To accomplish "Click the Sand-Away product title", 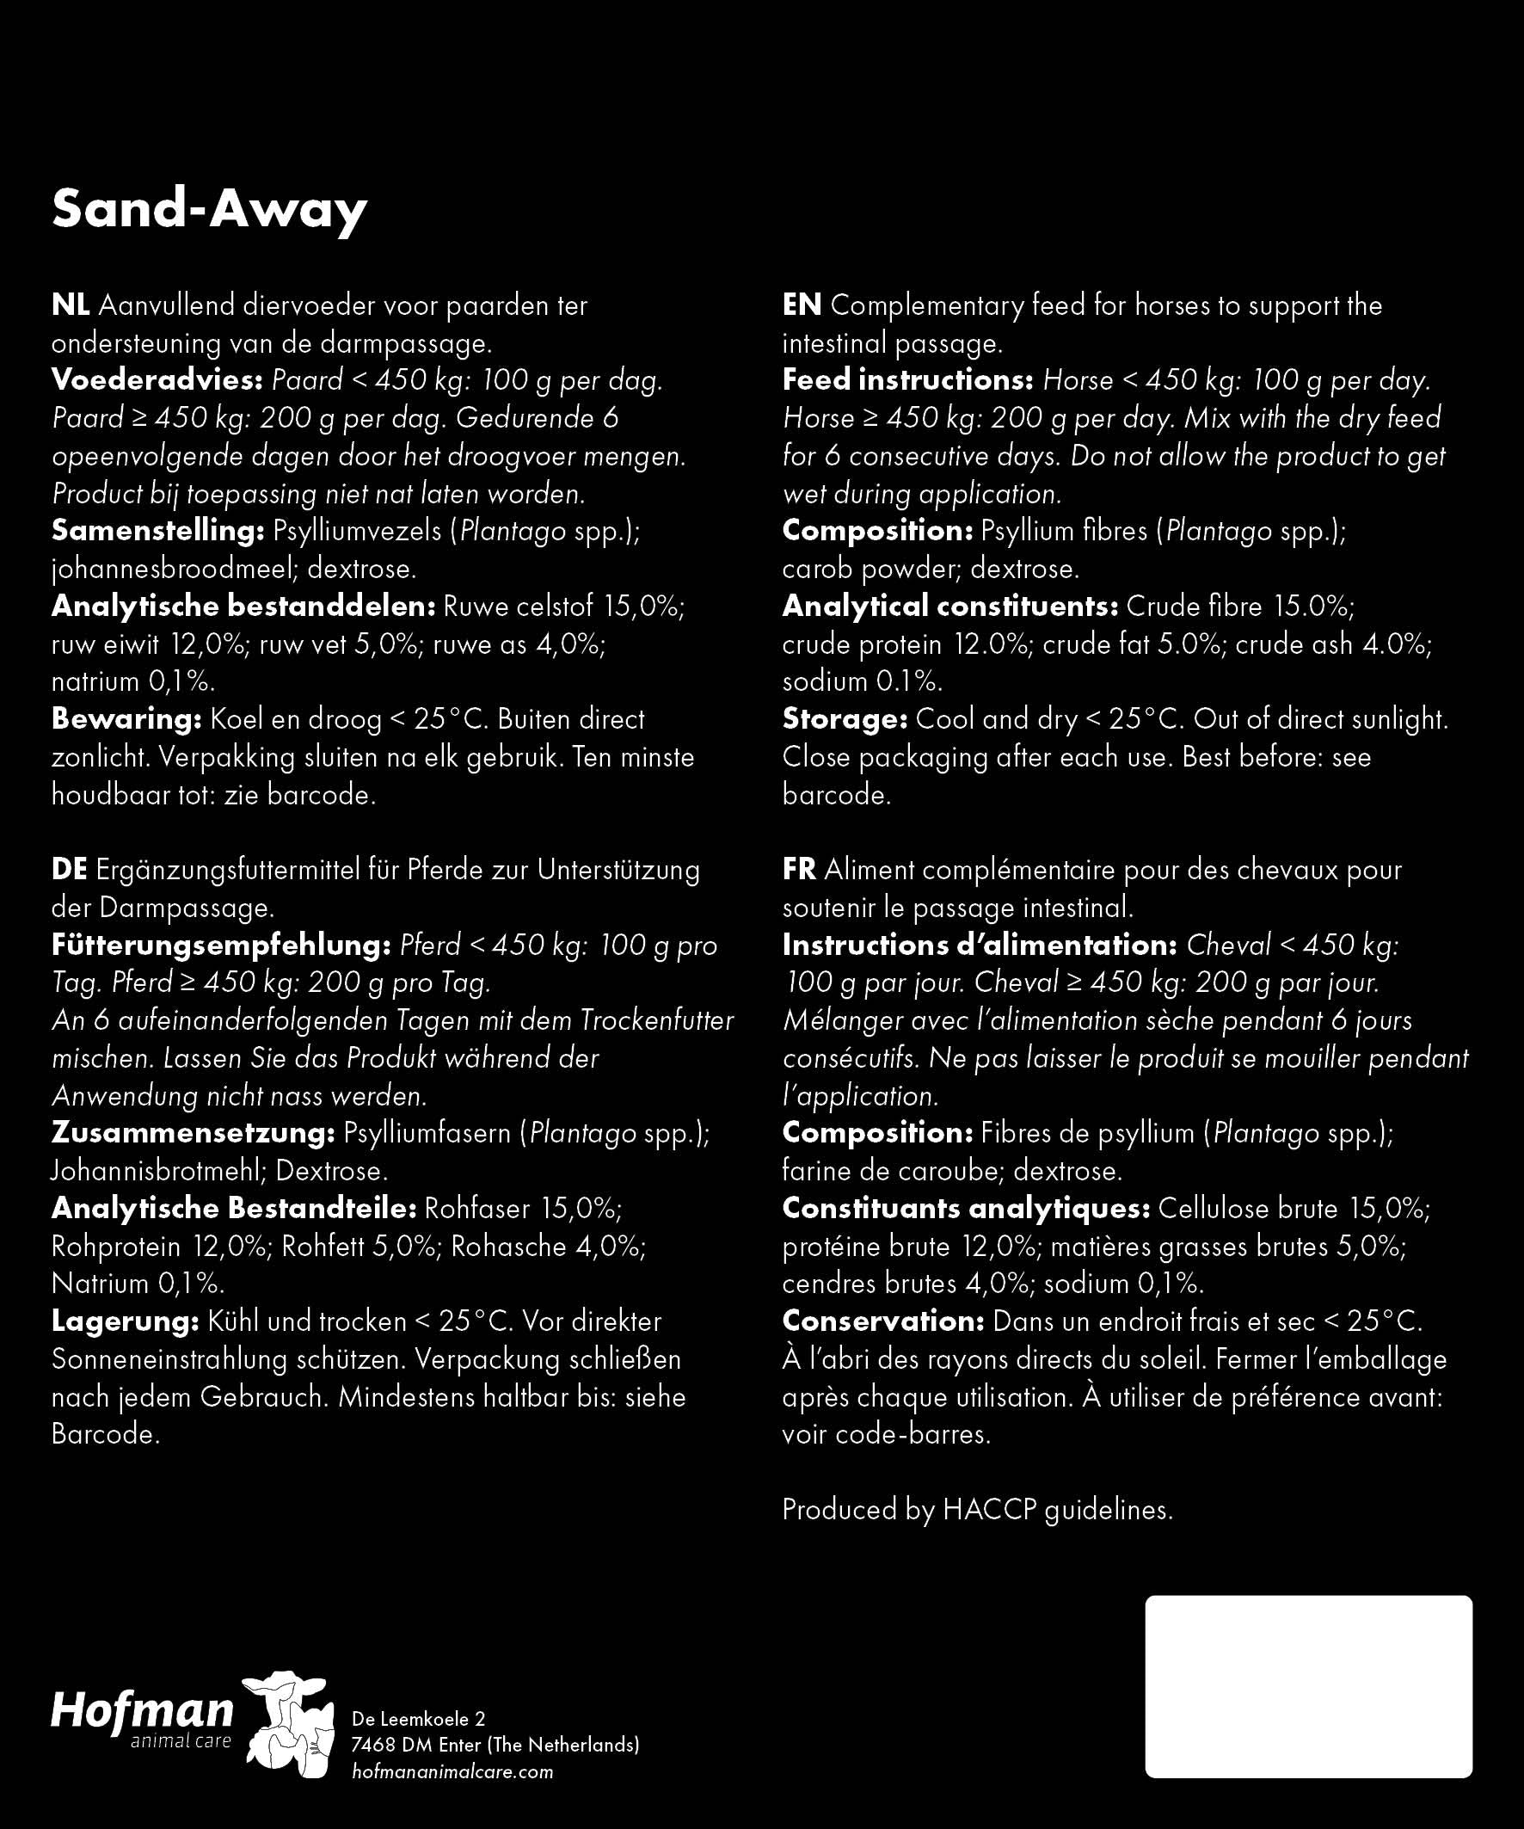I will coord(209,210).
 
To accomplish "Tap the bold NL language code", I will coord(70,305).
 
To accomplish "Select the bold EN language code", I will coord(802,305).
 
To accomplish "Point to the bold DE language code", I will coord(69,870).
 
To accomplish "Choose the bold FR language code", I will coord(799,870).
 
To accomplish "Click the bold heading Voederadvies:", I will coord(157,380).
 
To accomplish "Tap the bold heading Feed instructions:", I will coord(907,380).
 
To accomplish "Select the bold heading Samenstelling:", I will coord(157,532).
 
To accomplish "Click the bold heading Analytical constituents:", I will coord(950,607).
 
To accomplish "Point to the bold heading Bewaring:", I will coord(126,719).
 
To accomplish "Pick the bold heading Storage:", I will coord(845,719).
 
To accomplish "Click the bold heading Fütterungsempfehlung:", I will coord(221,945).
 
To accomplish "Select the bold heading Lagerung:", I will coord(126,1321).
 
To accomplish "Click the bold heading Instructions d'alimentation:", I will coord(980,945).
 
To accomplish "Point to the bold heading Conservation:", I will coord(883,1321).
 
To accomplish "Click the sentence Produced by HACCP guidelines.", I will coord(977,1509).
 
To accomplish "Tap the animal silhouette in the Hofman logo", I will coord(288,1724).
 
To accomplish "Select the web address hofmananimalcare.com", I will coord(452,1771).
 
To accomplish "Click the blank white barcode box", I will coord(1308,1687).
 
